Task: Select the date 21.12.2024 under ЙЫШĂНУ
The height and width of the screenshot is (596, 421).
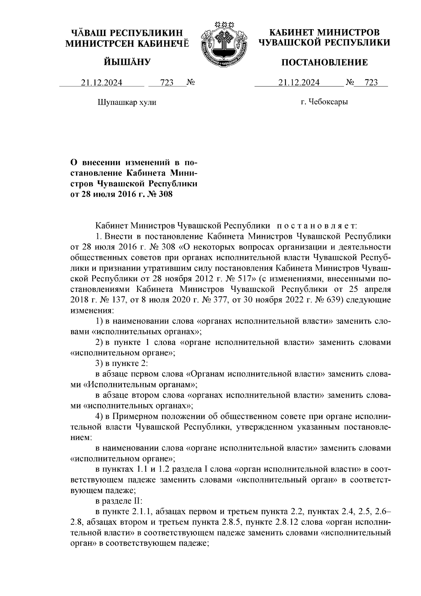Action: click(102, 83)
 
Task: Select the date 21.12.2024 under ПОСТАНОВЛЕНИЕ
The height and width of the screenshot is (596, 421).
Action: click(299, 83)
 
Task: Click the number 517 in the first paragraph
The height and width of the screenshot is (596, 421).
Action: click(241, 279)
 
